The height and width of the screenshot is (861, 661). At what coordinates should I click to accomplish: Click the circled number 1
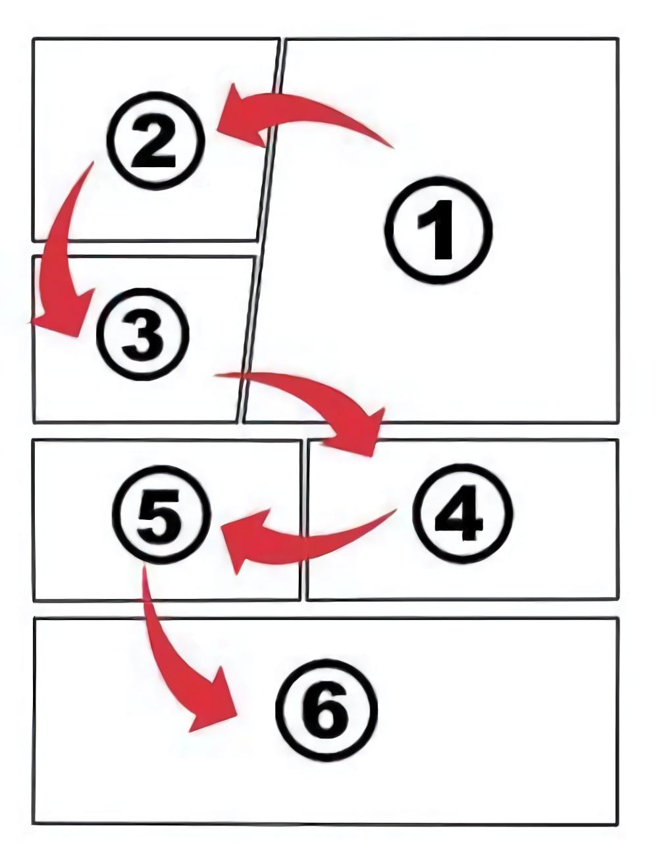[x=438, y=230]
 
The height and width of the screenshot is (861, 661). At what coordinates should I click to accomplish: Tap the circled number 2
[x=155, y=141]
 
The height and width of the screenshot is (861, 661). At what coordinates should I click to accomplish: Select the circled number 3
[x=143, y=334]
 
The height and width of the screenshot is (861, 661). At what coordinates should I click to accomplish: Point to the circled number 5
[x=161, y=514]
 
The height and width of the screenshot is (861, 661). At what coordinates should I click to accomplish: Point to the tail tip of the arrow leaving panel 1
[x=394, y=148]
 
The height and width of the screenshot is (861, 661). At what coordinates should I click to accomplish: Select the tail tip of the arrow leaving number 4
[x=396, y=510]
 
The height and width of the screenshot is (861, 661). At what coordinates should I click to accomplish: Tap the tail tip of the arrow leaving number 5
[x=144, y=567]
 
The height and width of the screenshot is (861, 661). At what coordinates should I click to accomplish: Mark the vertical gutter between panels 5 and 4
[x=304, y=519]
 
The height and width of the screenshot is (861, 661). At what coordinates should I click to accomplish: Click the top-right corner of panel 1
[x=618, y=39]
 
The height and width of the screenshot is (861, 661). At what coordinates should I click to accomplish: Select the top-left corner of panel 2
[x=33, y=39]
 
